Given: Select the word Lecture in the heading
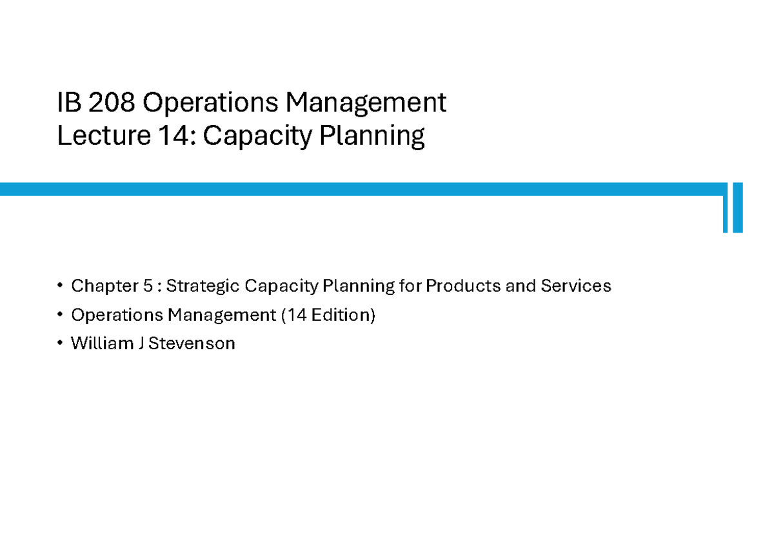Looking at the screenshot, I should click(94, 137).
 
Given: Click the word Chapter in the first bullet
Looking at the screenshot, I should click(96, 285).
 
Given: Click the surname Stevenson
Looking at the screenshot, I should click(192, 344).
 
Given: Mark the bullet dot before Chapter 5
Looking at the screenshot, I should click(61, 285).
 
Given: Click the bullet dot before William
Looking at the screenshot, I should click(61, 344).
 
